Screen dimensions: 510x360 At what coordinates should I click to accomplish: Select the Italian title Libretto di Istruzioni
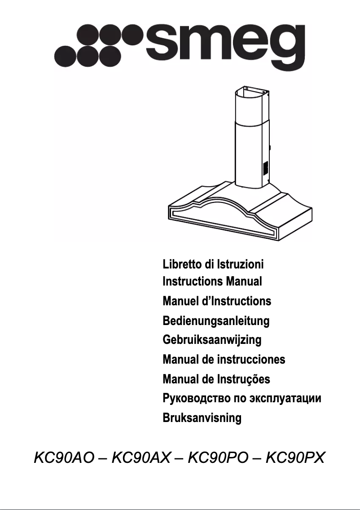click(213, 264)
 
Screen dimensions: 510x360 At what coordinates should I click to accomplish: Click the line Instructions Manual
click(212, 282)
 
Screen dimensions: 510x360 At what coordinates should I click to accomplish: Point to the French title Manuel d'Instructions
click(217, 301)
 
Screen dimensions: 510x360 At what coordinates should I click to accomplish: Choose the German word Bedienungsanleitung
click(216, 321)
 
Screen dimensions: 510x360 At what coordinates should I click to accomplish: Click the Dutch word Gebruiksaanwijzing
click(212, 340)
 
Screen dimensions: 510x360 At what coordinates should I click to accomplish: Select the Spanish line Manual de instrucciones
click(224, 360)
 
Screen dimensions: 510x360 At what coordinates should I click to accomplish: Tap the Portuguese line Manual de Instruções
click(216, 379)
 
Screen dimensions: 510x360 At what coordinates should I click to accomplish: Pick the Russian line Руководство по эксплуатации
click(242, 398)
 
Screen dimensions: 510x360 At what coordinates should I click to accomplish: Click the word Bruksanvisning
click(202, 418)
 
